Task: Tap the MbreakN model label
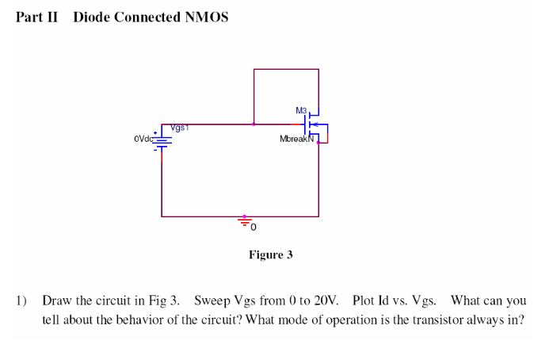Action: click(297, 139)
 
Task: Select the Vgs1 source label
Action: click(178, 127)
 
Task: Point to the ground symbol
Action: click(245, 221)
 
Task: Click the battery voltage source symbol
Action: click(162, 140)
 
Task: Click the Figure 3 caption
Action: click(271, 255)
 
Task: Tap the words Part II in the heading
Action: click(36, 17)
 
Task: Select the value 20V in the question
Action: click(325, 301)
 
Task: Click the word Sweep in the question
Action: click(212, 301)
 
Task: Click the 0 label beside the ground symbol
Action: click(254, 228)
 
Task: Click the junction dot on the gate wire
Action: click(254, 124)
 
